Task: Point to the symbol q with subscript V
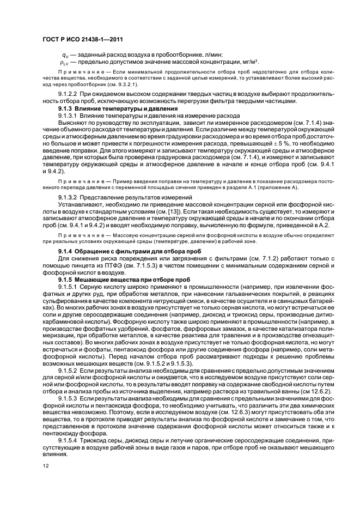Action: [x=65, y=56]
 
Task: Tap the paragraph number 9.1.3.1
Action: [x=69, y=115]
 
